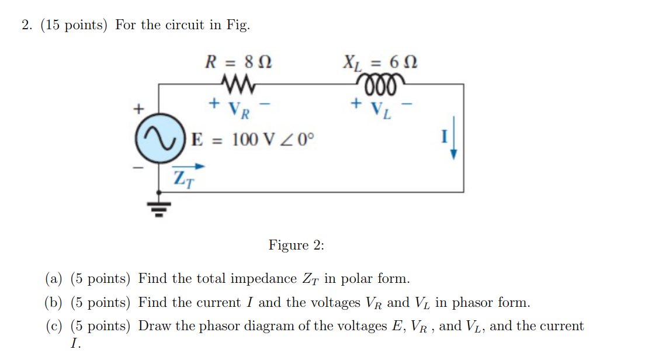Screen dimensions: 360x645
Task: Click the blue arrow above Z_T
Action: click(x=190, y=166)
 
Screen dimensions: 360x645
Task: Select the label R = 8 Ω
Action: click(x=238, y=61)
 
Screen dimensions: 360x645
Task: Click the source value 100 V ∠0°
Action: click(x=272, y=140)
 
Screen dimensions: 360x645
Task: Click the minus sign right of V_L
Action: click(x=409, y=105)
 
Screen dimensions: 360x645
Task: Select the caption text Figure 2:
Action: click(x=296, y=245)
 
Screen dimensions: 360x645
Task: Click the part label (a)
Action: click(x=54, y=279)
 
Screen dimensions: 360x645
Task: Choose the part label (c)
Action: click(x=54, y=327)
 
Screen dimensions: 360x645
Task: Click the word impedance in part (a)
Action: click(x=263, y=279)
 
